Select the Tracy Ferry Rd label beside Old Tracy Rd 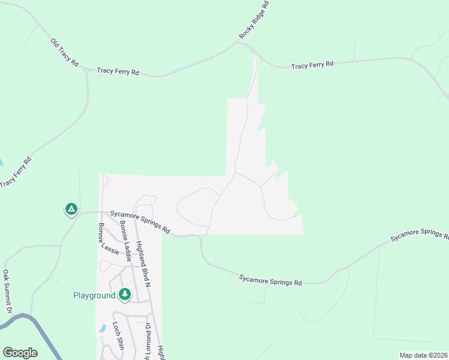118,71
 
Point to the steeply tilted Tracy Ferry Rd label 16,172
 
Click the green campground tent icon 71,209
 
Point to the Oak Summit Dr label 7,292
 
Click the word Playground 94,295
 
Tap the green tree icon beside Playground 125,295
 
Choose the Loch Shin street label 118,336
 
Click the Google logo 20,353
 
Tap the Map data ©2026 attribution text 423,355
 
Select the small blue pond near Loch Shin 102,329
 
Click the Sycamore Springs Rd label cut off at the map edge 420,236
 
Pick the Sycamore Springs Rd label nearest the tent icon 140,221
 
